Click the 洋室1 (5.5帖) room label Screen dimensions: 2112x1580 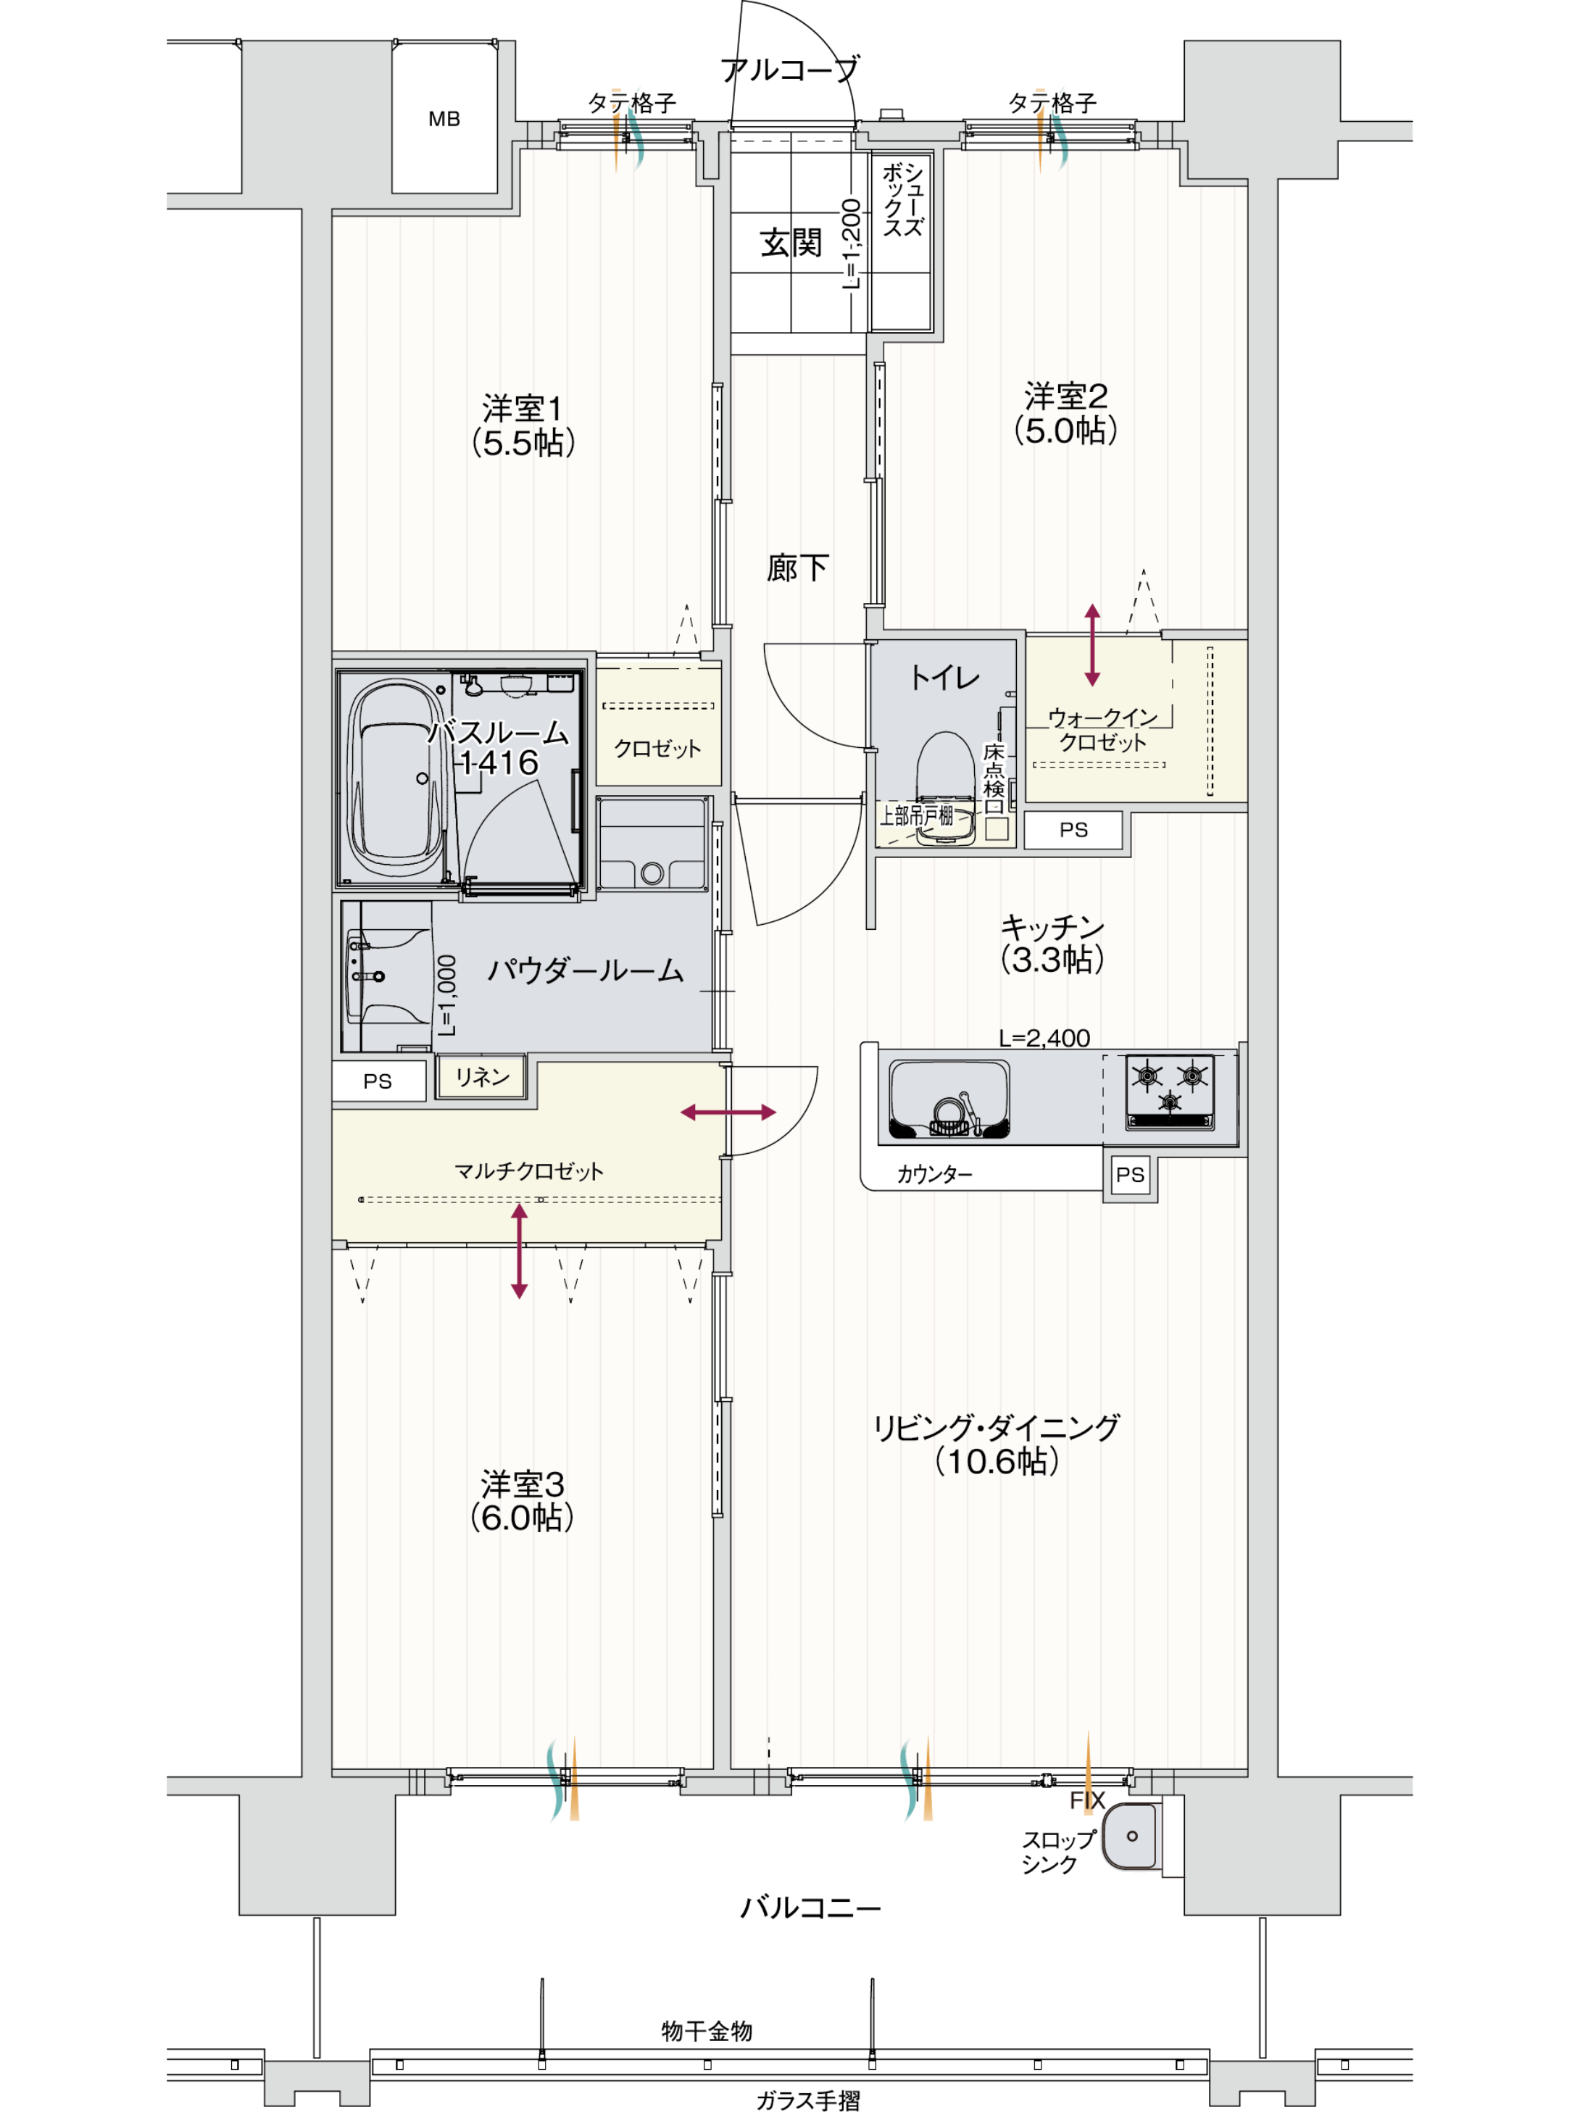coord(523,426)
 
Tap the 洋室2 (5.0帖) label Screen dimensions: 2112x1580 coord(1065,413)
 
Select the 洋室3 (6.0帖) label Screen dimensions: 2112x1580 coord(523,1501)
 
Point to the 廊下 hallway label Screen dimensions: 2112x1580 coord(797,568)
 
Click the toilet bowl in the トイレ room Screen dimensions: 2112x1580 coord(945,783)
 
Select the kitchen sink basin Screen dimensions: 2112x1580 coord(948,1099)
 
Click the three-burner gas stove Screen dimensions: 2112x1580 coord(1171,1090)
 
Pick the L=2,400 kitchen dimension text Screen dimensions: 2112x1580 coord(1044,1038)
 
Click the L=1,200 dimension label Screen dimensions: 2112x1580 coord(851,244)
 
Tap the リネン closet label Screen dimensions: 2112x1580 coord(482,1077)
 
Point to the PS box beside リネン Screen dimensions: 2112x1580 coord(378,1081)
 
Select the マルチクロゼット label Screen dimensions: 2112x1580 coord(528,1171)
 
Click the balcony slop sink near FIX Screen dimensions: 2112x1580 coord(1131,1835)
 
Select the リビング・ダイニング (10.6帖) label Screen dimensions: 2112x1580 coord(996,1444)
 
